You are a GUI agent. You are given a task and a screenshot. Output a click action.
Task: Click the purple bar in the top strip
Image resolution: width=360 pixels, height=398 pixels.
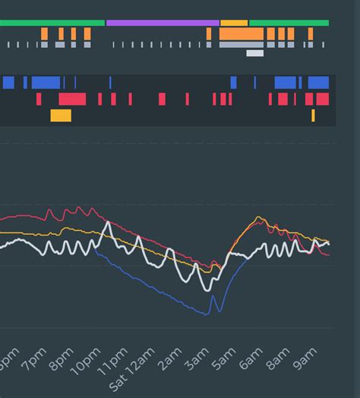click(x=163, y=23)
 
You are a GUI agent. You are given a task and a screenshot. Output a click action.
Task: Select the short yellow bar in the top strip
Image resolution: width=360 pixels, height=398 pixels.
click(x=234, y=23)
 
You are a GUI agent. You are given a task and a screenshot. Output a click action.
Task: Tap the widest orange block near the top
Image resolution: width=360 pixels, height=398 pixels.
click(x=242, y=34)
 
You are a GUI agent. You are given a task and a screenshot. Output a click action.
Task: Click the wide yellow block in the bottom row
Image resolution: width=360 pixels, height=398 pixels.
click(x=61, y=115)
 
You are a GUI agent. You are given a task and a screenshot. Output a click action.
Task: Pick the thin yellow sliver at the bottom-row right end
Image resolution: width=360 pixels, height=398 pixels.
click(x=313, y=115)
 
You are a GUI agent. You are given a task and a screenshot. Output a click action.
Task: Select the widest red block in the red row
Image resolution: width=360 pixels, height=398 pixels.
click(x=72, y=99)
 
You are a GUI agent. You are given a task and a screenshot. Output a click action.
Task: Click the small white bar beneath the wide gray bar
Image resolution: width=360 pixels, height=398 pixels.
click(x=255, y=53)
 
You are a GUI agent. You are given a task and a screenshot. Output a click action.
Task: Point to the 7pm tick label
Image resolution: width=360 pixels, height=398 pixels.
click(x=35, y=360)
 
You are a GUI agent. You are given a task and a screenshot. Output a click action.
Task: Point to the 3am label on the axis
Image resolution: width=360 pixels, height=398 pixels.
click(x=197, y=360)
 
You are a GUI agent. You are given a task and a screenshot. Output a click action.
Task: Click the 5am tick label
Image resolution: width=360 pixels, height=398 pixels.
click(x=223, y=360)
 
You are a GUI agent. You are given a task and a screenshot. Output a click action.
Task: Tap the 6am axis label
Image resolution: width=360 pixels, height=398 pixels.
click(x=251, y=360)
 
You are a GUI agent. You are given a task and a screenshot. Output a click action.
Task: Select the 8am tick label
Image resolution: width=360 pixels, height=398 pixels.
click(x=278, y=360)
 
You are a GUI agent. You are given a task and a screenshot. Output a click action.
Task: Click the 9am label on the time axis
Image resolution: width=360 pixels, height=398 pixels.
click(x=305, y=360)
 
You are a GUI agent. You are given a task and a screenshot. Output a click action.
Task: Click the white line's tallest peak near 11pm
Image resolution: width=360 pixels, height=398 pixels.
click(x=108, y=223)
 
